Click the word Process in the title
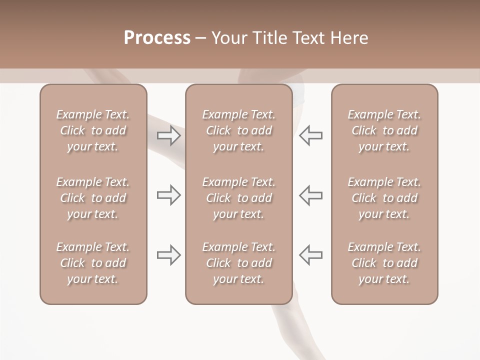click(157, 38)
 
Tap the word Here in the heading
click(348, 38)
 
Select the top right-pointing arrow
click(168, 135)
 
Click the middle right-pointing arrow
click(168, 195)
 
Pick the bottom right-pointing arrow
click(168, 255)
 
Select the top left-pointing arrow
click(310, 135)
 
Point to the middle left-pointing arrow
click(310, 195)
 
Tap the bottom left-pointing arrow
click(310, 255)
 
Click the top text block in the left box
click(93, 130)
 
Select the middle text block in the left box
click(93, 198)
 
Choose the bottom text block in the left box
click(93, 263)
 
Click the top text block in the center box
click(238, 130)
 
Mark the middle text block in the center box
click(238, 198)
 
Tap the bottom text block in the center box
click(238, 263)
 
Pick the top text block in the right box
click(384, 130)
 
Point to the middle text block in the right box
click(384, 198)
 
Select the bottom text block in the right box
click(384, 263)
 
